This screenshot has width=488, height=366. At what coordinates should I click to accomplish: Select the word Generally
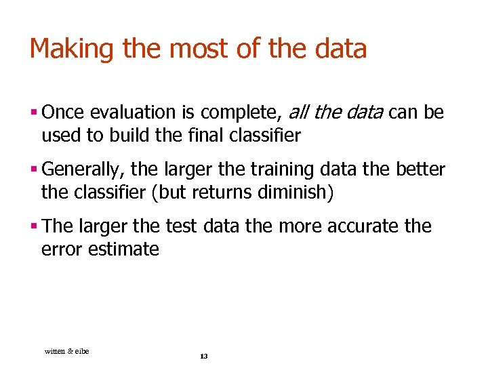pos(85,169)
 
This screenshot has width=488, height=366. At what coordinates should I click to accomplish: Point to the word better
pos(420,169)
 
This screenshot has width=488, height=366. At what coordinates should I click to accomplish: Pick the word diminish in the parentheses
pos(295,192)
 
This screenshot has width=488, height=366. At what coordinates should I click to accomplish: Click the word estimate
pos(126,249)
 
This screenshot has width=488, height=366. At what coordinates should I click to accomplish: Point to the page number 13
pos(204,356)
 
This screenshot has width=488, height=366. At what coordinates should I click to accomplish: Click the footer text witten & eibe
pos(66,350)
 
